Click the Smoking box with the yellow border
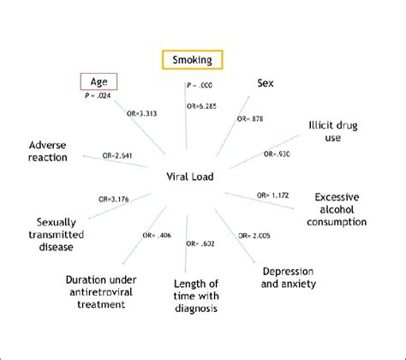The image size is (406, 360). [193, 59]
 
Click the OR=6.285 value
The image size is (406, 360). [201, 106]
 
